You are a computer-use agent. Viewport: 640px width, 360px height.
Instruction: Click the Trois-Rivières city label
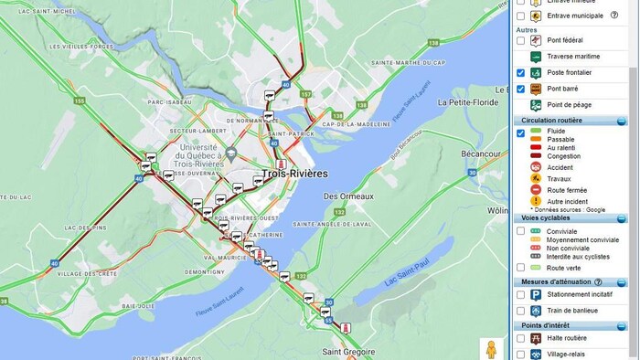point(294,173)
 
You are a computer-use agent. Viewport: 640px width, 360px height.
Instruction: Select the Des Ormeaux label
point(349,196)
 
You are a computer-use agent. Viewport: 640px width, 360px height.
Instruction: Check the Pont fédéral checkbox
point(521,40)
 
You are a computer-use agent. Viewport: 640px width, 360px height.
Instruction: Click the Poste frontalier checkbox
point(521,73)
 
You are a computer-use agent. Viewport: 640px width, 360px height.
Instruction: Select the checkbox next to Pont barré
point(521,89)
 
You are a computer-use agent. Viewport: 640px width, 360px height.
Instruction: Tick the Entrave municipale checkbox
point(521,16)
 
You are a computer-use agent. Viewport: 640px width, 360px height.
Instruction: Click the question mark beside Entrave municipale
point(614,16)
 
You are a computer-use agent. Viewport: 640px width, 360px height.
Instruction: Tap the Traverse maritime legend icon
point(536,57)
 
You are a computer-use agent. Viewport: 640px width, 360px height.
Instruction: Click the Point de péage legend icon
point(536,105)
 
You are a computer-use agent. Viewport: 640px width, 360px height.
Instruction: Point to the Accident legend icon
point(536,167)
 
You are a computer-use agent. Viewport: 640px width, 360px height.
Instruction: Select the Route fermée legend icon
point(536,190)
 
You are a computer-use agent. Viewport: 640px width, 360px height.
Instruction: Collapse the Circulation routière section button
point(621,121)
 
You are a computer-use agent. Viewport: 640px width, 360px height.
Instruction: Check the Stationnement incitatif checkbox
point(521,295)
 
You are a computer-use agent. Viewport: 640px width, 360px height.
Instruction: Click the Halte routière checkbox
point(521,338)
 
